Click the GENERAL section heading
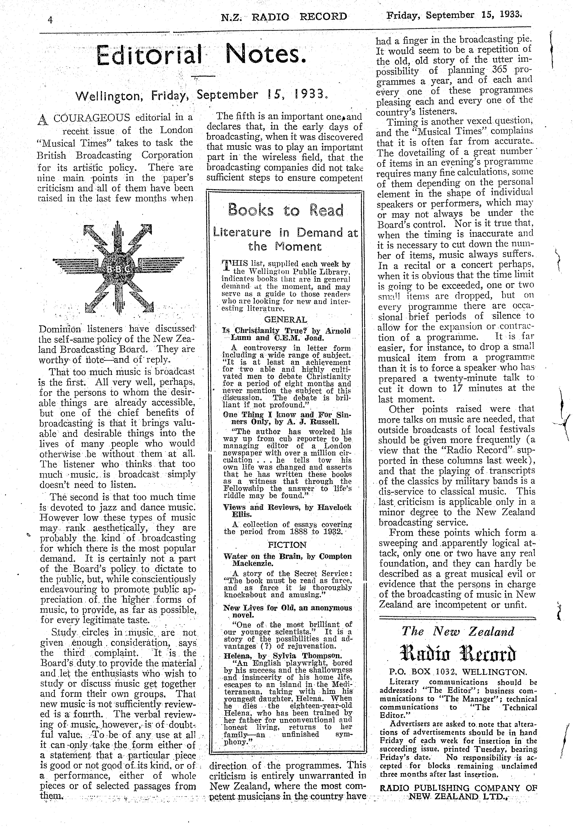pyautogui.click(x=286, y=320)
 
